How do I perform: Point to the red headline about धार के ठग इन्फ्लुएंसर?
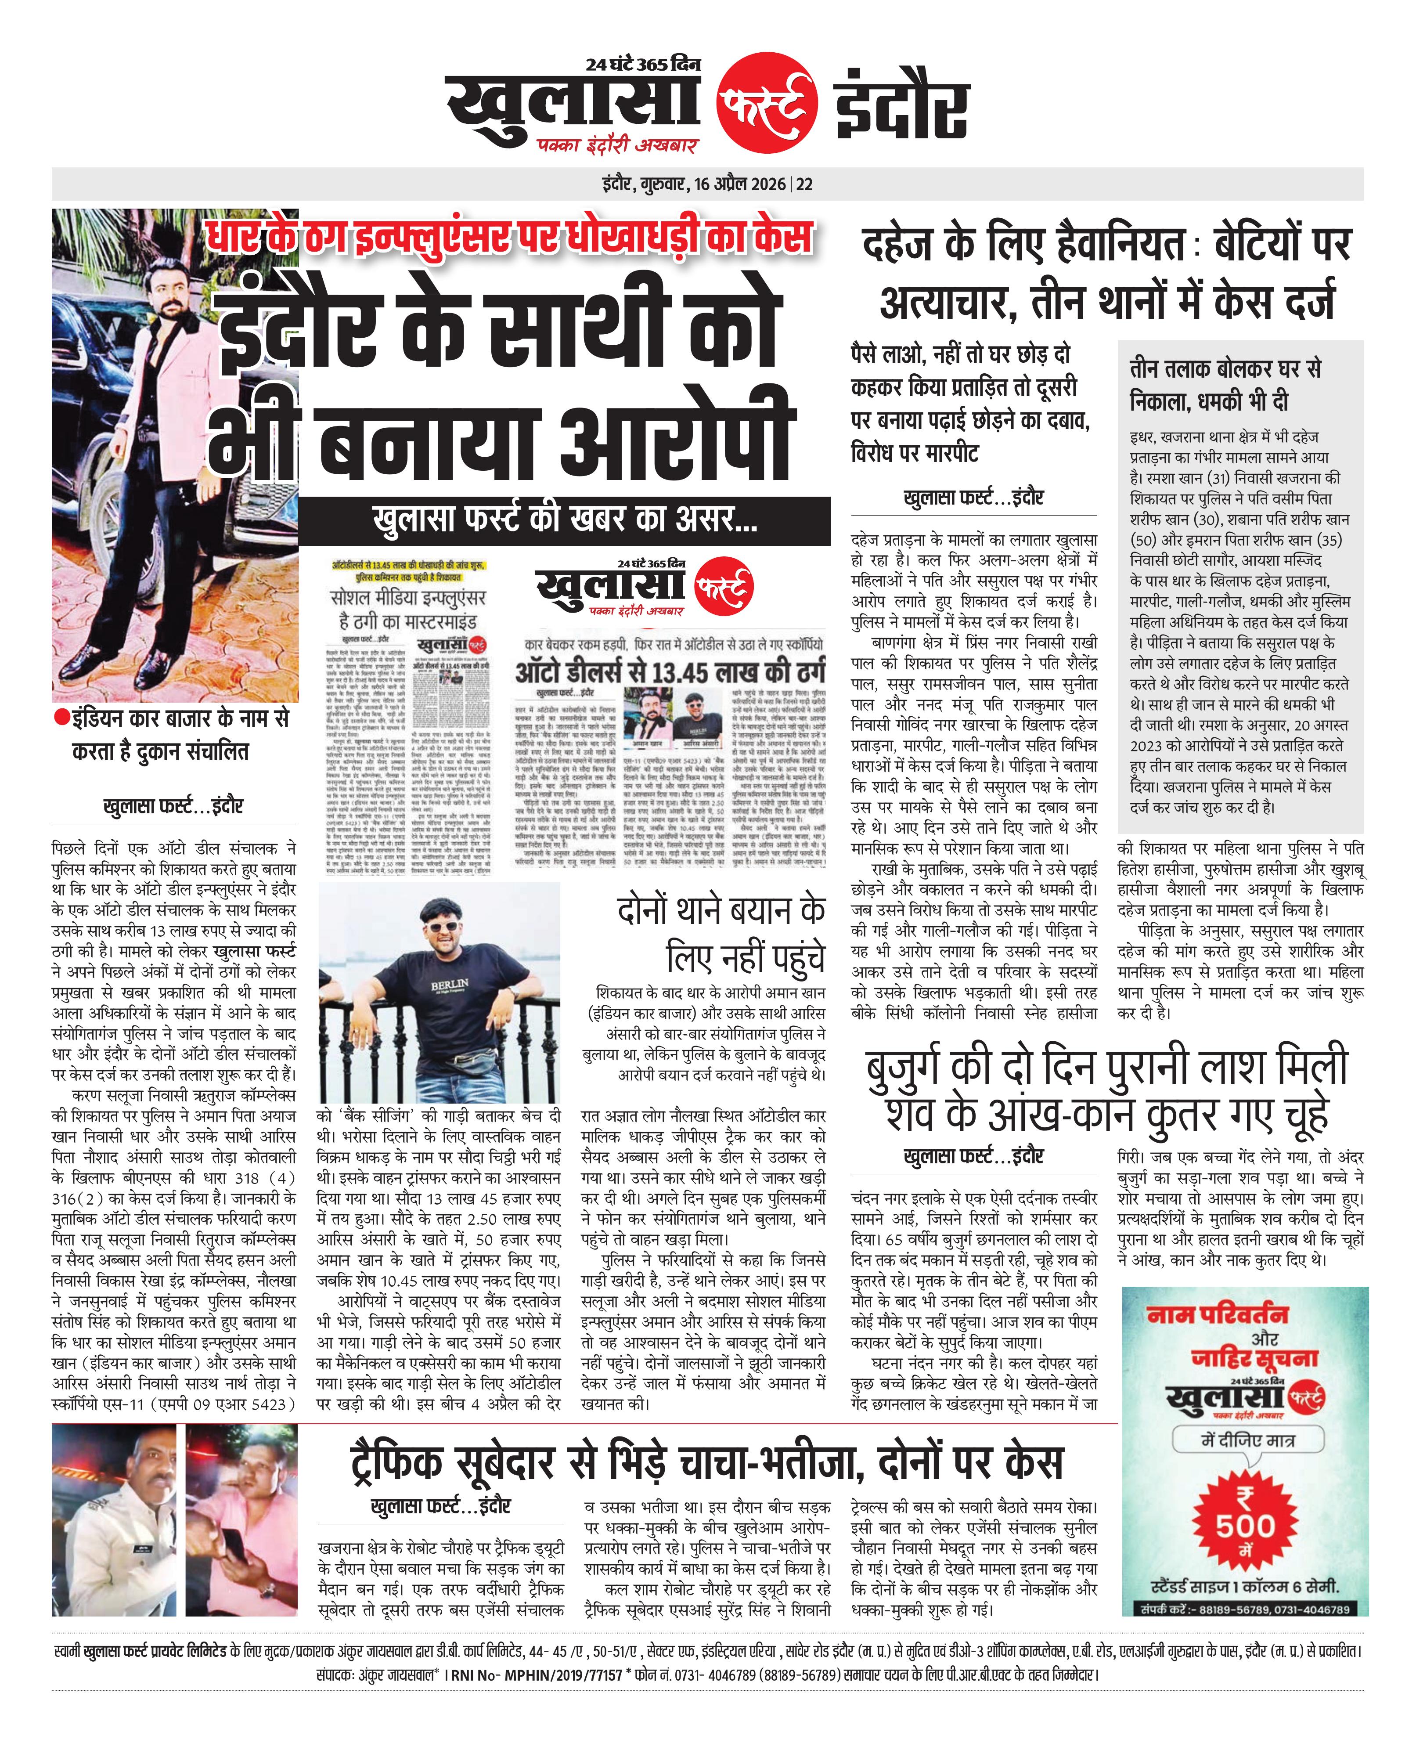tap(510, 237)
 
